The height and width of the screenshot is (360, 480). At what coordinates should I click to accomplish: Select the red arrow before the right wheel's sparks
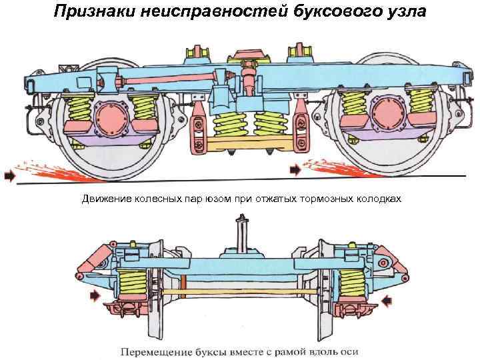[x=295, y=171]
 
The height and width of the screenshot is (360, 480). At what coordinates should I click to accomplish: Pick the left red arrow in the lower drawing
[x=96, y=294]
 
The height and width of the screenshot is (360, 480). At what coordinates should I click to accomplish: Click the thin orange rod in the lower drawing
[x=240, y=291]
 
